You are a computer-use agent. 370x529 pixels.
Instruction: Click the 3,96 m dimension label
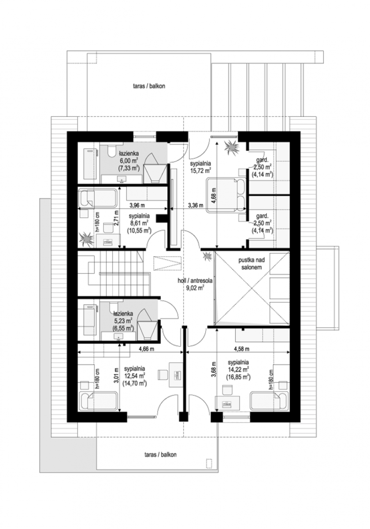(x=137, y=205)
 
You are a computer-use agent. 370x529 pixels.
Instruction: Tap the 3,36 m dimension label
(x=196, y=205)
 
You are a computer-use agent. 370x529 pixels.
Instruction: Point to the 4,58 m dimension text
(x=241, y=349)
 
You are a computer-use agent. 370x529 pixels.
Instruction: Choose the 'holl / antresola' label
(x=195, y=281)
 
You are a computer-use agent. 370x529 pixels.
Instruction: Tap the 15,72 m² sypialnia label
(x=200, y=167)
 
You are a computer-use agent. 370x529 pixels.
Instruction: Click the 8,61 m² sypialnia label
(x=139, y=223)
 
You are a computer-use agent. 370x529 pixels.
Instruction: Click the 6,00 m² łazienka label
(x=129, y=161)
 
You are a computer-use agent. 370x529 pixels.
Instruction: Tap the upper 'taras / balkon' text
(x=149, y=86)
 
